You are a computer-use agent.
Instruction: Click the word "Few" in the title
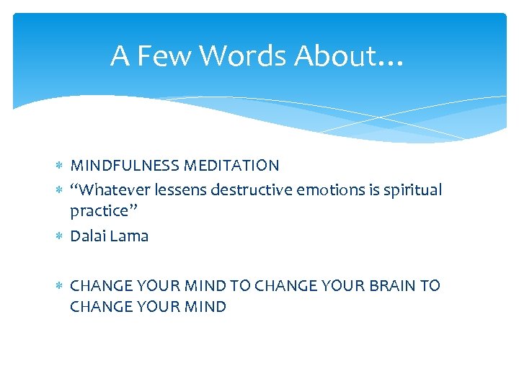151,56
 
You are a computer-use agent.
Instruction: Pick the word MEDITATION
232,166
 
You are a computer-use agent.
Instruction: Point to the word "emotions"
322,189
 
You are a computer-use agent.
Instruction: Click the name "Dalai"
88,236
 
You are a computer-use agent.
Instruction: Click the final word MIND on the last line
206,307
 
